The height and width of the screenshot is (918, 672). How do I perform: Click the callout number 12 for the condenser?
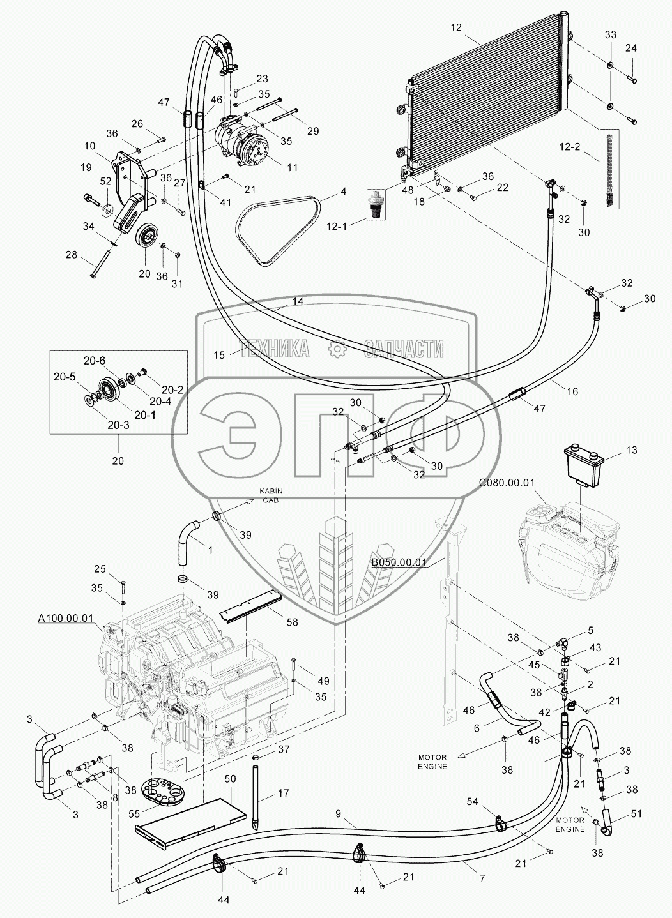coord(455,27)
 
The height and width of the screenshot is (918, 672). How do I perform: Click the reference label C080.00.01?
coord(506,483)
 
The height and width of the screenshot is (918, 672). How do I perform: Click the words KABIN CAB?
coord(270,495)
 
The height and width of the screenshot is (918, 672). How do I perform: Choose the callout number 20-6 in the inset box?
coord(94,360)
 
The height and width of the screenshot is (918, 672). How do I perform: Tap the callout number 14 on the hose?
coord(298,301)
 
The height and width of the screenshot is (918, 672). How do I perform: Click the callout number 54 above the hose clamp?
coord(490,801)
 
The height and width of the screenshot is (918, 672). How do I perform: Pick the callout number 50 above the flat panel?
coord(231,779)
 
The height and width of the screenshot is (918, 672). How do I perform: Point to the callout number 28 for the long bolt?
coord(71,255)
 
